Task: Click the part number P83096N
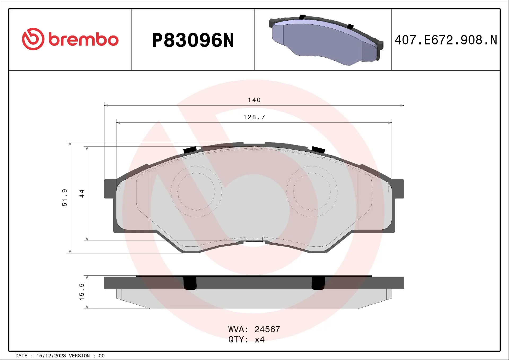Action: tap(193, 40)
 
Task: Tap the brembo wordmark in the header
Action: tap(84, 39)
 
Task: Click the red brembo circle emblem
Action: tap(33, 39)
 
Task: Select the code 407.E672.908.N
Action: tap(446, 40)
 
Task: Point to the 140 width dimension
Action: tap(254, 100)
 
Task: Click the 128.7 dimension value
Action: tap(254, 117)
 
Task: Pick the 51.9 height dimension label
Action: tap(64, 197)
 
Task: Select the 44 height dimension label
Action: tap(82, 194)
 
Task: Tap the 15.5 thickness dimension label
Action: tap(82, 292)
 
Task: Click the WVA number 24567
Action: tap(267, 329)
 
